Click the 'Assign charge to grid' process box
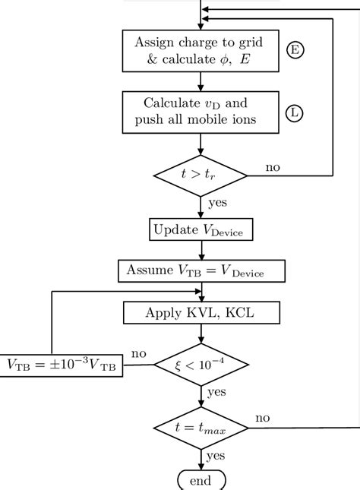[201, 50]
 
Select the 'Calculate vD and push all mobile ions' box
[201, 112]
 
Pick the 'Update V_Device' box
[201, 229]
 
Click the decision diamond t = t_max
[201, 428]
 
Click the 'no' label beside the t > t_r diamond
[273, 166]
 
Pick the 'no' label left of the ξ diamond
[139, 354]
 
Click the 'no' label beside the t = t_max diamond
[263, 418]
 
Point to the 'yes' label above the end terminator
[215, 457]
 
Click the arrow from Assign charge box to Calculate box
[201, 80]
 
